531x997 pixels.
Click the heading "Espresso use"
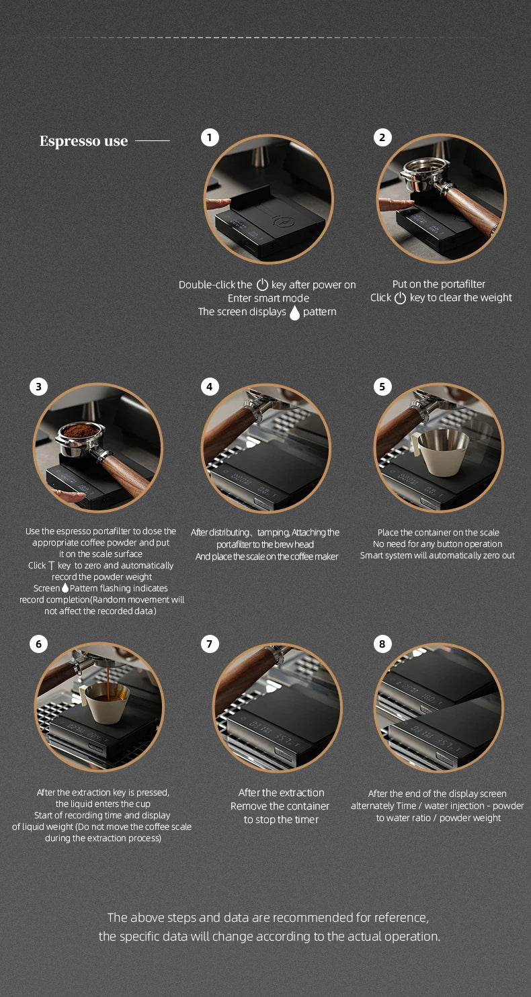coord(84,140)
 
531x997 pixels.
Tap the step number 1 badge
coord(210,138)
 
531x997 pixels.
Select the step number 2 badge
coord(382,138)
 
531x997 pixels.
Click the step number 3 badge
coord(39,386)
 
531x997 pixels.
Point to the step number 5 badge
coord(382,386)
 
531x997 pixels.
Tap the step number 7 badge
coord(210,644)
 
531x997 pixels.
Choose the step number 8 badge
coord(382,644)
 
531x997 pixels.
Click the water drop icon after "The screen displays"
coord(294,312)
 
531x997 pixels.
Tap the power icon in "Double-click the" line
coord(262,284)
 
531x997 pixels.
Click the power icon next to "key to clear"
coord(400,298)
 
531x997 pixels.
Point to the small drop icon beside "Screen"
coord(65,588)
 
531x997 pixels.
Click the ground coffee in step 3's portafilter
coord(80,430)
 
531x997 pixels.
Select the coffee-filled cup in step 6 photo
coord(106,703)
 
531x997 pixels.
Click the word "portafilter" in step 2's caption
coord(462,284)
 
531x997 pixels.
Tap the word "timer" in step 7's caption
coord(307,820)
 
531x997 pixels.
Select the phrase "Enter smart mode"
coord(268,298)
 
